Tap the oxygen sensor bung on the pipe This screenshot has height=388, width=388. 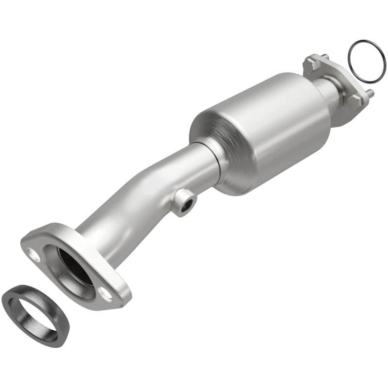[x=185, y=201]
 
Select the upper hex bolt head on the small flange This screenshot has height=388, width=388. [x=310, y=62]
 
